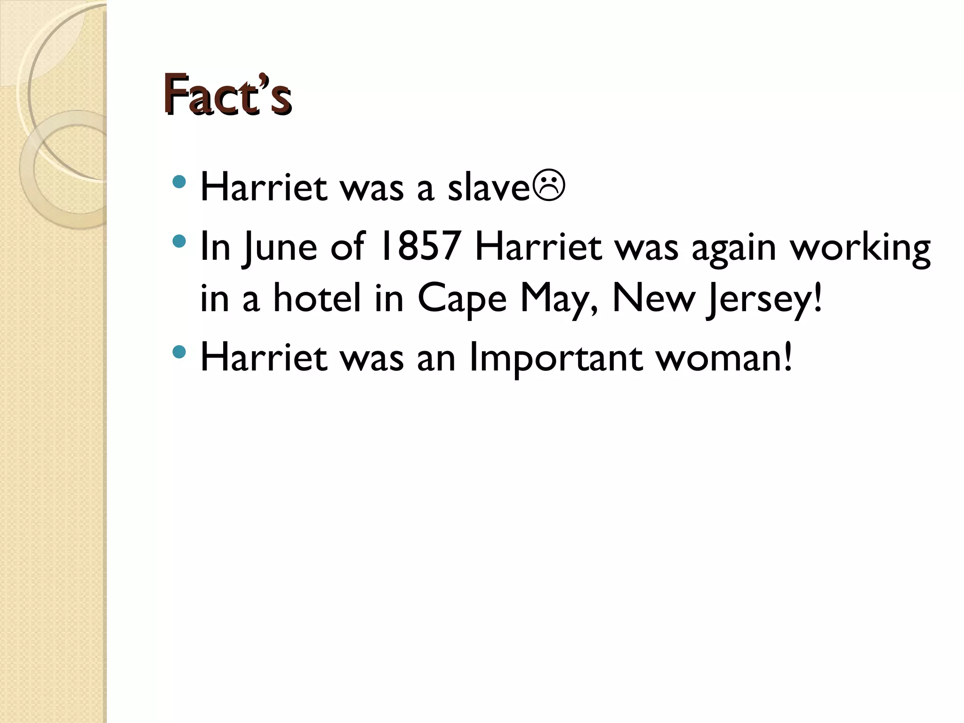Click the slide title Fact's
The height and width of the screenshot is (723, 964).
pyautogui.click(x=227, y=94)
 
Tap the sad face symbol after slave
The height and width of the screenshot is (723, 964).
pyautogui.click(x=548, y=187)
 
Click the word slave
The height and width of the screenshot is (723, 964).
pyautogui.click(x=489, y=187)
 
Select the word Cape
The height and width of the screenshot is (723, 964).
pyautogui.click(x=462, y=300)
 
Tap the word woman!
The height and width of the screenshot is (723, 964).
pyautogui.click(x=724, y=358)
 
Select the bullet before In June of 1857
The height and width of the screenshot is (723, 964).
pyautogui.click(x=179, y=241)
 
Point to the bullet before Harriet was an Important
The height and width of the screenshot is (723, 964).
pyautogui.click(x=179, y=351)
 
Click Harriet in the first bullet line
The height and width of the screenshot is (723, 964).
pyautogui.click(x=264, y=187)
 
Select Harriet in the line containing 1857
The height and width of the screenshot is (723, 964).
pyautogui.click(x=538, y=247)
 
